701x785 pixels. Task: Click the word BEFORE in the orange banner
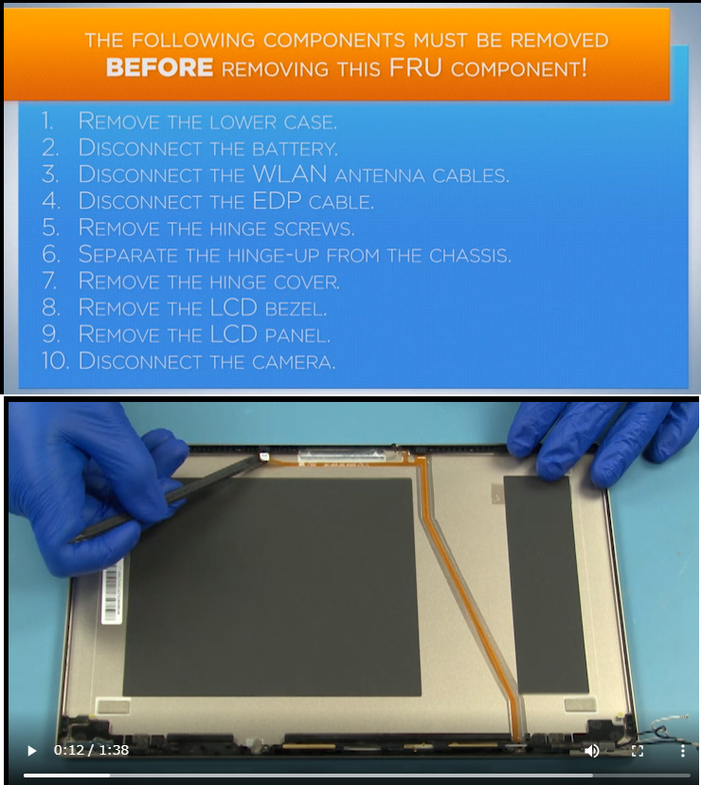(159, 67)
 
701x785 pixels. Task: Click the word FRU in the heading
(415, 67)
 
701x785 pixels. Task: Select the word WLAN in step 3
(290, 174)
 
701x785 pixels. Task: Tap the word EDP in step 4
(277, 201)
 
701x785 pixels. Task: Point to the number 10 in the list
(55, 361)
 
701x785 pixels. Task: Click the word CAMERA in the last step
(294, 362)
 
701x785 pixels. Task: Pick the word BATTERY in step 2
(295, 149)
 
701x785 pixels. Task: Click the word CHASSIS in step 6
(470, 255)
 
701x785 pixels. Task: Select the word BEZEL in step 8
(296, 309)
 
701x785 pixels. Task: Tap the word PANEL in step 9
(297, 336)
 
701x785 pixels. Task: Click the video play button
(31, 751)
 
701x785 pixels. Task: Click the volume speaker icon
(591, 751)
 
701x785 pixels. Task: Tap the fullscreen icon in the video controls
(638, 751)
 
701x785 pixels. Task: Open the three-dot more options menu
(682, 751)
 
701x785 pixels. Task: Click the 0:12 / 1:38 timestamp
(91, 750)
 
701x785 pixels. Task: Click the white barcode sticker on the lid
(112, 592)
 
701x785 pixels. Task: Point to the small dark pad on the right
(546, 584)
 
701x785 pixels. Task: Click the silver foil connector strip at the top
(342, 455)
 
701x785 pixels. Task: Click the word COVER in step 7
(307, 282)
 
